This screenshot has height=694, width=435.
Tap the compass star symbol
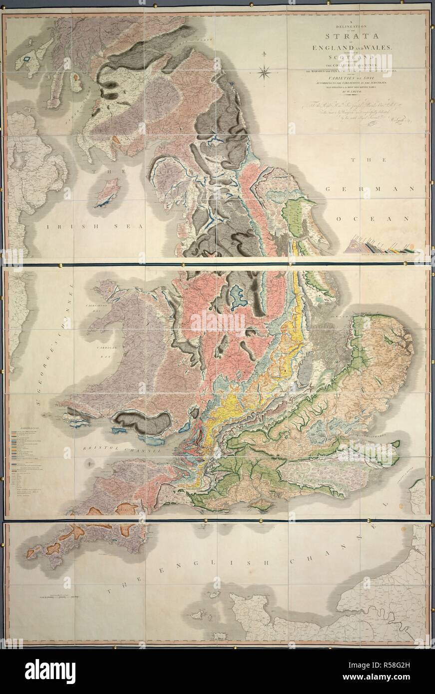point(264,71)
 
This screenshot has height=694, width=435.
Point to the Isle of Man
point(107,194)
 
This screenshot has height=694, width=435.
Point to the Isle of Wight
point(262,504)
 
